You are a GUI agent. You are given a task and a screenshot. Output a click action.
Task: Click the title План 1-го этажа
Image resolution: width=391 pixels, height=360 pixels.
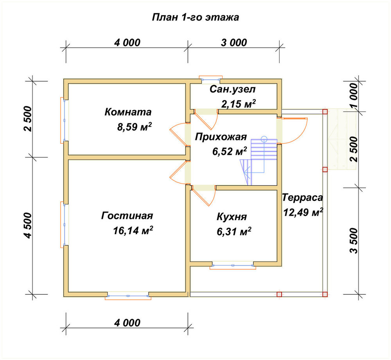pos(195,17)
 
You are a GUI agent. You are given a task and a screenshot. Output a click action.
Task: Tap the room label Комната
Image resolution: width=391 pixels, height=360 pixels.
pos(128,112)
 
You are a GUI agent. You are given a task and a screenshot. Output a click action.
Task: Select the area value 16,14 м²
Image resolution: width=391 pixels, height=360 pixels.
pos(133,230)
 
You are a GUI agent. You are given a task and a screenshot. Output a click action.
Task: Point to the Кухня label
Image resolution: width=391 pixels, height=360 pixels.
pos(232,217)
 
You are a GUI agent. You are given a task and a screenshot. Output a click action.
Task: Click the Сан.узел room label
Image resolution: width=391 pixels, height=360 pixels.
pos(233,89)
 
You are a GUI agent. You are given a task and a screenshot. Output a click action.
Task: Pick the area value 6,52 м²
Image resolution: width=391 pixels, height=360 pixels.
pos(230,151)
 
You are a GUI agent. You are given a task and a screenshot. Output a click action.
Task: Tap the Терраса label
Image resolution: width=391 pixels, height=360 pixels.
pos(303,197)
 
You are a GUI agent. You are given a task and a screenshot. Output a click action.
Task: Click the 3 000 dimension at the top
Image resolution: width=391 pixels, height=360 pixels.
pos(234,43)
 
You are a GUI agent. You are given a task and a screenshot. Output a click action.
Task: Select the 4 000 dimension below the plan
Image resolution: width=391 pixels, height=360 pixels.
pos(127,323)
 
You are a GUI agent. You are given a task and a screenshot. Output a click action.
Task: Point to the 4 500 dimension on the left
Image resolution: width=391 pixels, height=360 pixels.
pos(28,226)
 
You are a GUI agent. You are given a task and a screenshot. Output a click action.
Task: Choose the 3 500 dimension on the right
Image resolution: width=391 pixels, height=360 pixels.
pos(353,240)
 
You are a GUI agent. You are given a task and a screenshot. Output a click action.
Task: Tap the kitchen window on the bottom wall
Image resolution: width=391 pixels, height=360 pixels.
pos(233,265)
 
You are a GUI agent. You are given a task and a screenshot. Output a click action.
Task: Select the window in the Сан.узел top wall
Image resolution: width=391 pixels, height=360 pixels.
pos(210,79)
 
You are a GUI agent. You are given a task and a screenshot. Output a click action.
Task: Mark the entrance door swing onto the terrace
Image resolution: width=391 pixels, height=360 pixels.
pos(293,131)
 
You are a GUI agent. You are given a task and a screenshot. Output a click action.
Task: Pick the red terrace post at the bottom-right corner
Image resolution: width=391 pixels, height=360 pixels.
pos(325,294)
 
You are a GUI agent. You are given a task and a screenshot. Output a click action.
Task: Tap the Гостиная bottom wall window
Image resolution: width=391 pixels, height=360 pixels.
pos(128,296)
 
